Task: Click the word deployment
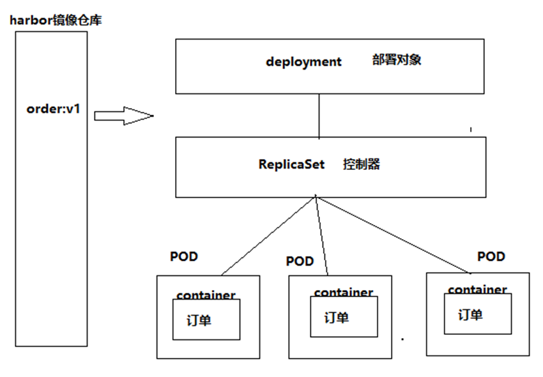click(303, 62)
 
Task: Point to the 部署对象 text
click(397, 61)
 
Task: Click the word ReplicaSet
click(291, 164)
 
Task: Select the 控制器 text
click(362, 164)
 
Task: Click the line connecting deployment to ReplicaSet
click(319, 116)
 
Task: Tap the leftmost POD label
click(184, 257)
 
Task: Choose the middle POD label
click(300, 261)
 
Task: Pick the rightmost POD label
click(491, 256)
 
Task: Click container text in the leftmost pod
click(206, 296)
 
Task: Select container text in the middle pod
click(343, 293)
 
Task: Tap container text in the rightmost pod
click(477, 289)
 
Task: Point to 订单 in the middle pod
click(336, 318)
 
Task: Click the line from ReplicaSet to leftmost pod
click(268, 236)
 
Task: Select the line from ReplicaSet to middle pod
click(322, 236)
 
